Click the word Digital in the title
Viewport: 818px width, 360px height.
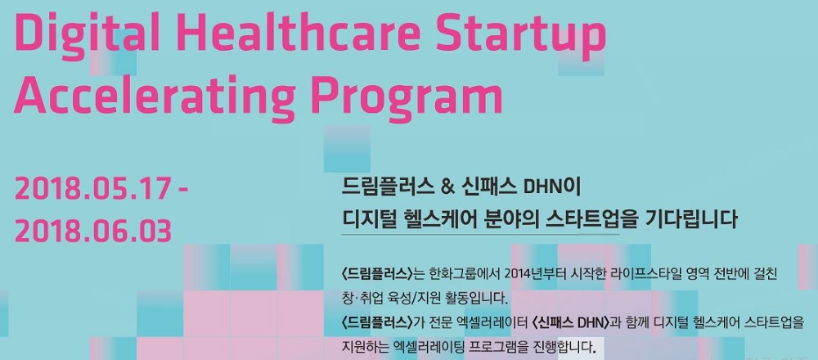tap(83, 36)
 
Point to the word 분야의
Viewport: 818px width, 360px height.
tap(507, 219)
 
